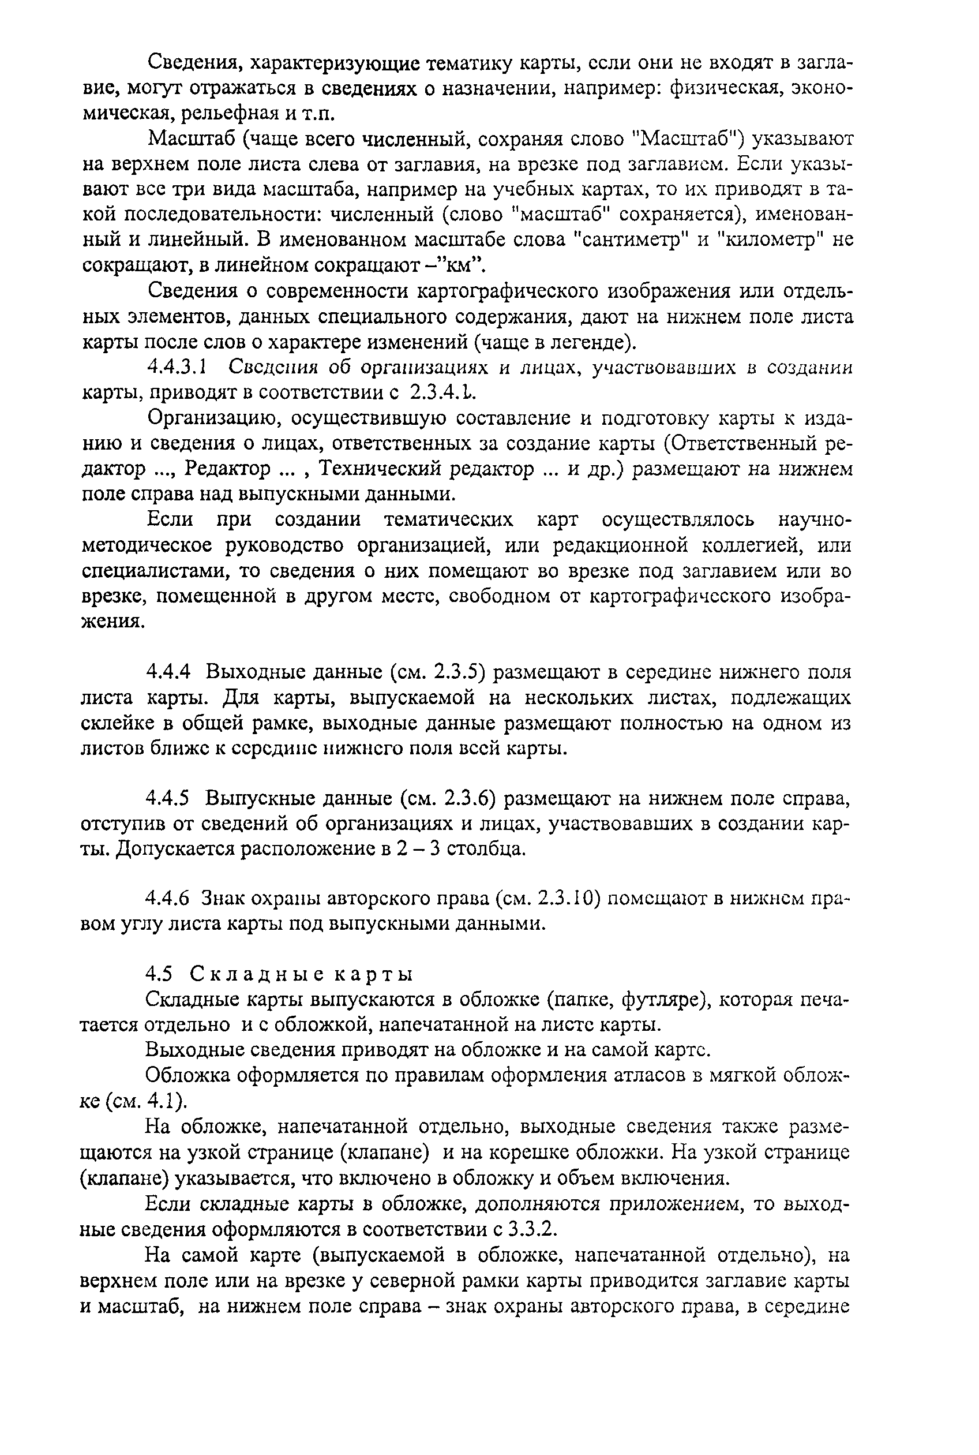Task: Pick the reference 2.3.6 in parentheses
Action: [470, 798]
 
